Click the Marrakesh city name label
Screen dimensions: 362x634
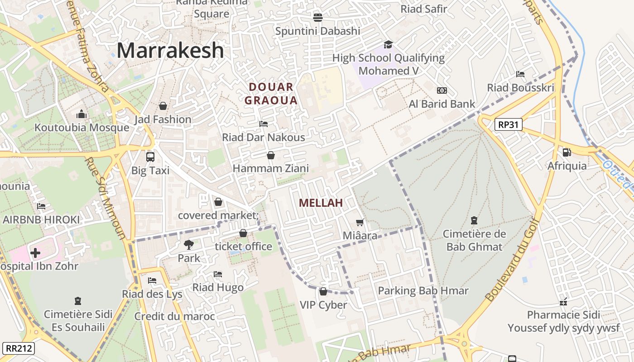[170, 51]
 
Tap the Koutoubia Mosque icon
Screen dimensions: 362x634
[82, 114]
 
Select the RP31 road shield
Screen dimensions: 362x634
[508, 124]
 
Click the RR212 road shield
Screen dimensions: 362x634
[18, 348]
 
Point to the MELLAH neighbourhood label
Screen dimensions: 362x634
[321, 203]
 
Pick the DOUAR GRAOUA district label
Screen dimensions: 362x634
[271, 94]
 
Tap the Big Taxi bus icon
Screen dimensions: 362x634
[150, 157]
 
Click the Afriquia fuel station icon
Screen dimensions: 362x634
[567, 152]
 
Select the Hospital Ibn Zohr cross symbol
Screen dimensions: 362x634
[35, 252]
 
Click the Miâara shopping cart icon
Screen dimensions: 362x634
[360, 222]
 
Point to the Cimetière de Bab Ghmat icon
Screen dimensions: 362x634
[474, 220]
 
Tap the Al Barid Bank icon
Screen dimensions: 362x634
[442, 90]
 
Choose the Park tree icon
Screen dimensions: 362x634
[188, 245]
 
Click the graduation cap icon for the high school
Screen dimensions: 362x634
[388, 44]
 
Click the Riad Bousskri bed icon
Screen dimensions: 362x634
[520, 74]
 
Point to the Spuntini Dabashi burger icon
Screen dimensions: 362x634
[318, 17]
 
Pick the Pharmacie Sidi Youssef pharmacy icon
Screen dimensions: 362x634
[563, 301]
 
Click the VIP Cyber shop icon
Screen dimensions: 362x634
[323, 291]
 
